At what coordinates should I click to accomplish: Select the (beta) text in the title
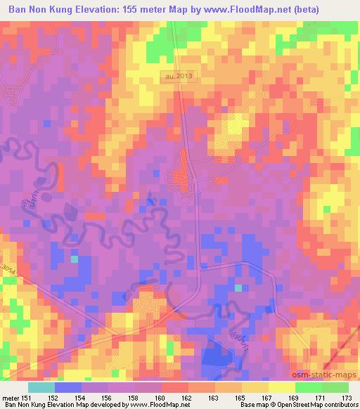pos(304,10)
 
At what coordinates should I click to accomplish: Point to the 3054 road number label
pos(8,268)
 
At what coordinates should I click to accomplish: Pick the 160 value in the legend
pos(161,398)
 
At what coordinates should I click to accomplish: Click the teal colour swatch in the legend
pos(41,388)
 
